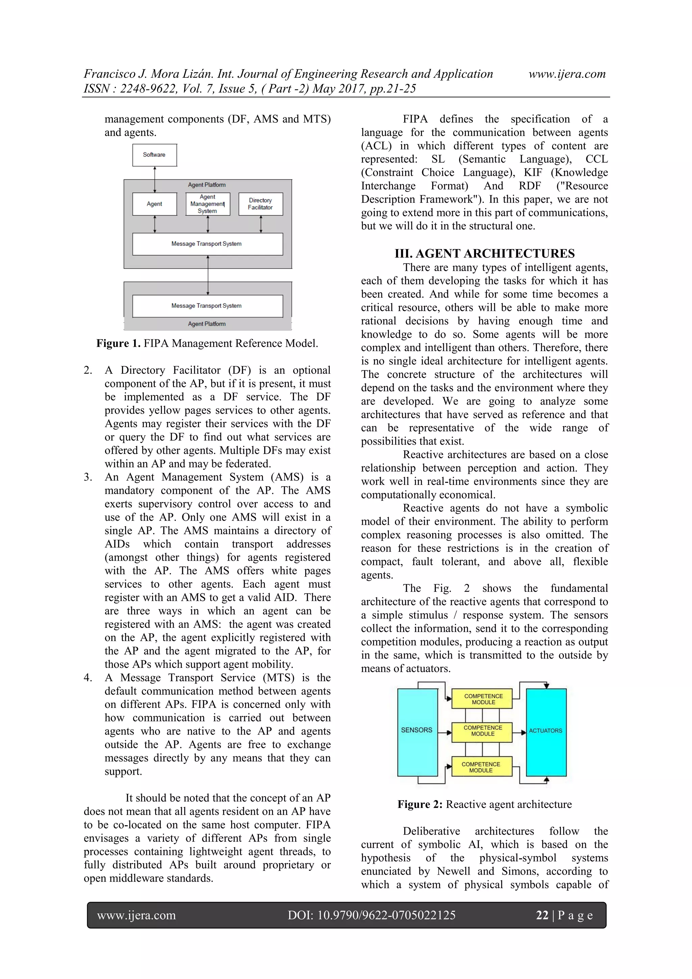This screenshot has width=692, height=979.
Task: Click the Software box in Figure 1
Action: tap(154, 155)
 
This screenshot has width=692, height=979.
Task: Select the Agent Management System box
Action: tap(208, 204)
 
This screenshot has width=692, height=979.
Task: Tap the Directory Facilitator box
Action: tap(260, 204)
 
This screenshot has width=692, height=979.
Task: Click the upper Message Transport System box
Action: tap(207, 244)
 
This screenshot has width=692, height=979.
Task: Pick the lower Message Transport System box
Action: tap(207, 306)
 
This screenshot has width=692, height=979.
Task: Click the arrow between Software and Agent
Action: tap(155, 179)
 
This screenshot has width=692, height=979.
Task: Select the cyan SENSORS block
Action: tap(417, 732)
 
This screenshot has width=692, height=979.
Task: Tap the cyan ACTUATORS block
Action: tap(546, 732)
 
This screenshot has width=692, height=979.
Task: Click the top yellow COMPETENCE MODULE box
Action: tap(483, 699)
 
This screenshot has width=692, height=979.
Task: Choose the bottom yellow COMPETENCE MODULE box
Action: tap(481, 767)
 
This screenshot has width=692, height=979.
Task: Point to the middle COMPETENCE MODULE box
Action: tap(483, 731)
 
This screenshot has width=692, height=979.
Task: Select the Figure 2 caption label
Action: tap(420, 805)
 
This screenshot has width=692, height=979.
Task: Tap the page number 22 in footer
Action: tap(542, 915)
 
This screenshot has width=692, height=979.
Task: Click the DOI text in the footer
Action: tap(371, 915)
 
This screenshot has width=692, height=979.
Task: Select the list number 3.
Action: tap(88, 477)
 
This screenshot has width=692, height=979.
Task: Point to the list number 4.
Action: tap(88, 678)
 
